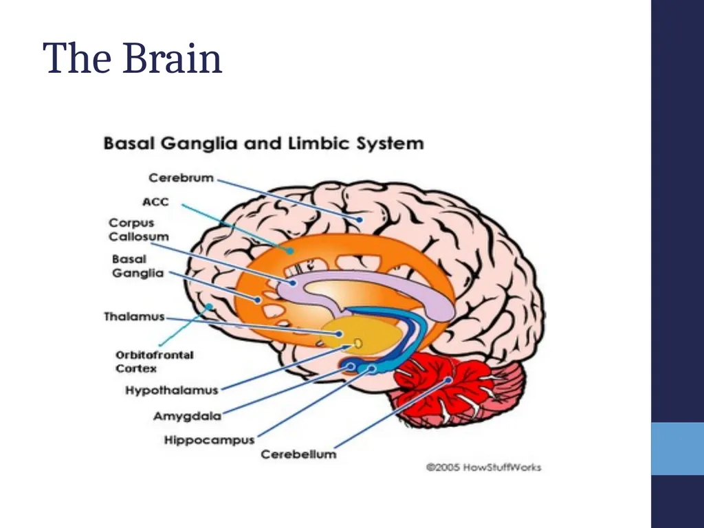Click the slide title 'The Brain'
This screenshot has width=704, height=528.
133,58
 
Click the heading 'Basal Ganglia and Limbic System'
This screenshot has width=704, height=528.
263,144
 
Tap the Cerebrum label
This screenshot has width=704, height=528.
181,178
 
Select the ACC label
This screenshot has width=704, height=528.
155,202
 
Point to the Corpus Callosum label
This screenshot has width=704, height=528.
139,230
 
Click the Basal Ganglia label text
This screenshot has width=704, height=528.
137,266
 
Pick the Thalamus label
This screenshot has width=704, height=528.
134,316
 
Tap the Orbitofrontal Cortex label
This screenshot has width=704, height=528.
155,362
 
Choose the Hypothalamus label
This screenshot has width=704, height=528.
171,390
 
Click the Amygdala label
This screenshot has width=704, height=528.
187,416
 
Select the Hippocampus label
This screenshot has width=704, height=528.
209,439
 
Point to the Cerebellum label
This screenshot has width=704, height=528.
298,454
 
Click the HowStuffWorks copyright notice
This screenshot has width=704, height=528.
483,467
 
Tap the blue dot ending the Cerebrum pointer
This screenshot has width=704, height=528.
360,219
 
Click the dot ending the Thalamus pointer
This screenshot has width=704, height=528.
340,333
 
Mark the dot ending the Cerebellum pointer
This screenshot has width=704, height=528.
448,380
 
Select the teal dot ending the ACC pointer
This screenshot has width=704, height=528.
291,250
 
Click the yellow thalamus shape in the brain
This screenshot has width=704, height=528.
362,335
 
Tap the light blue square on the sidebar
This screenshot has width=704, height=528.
677,448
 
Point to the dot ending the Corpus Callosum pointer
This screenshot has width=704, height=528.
293,283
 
